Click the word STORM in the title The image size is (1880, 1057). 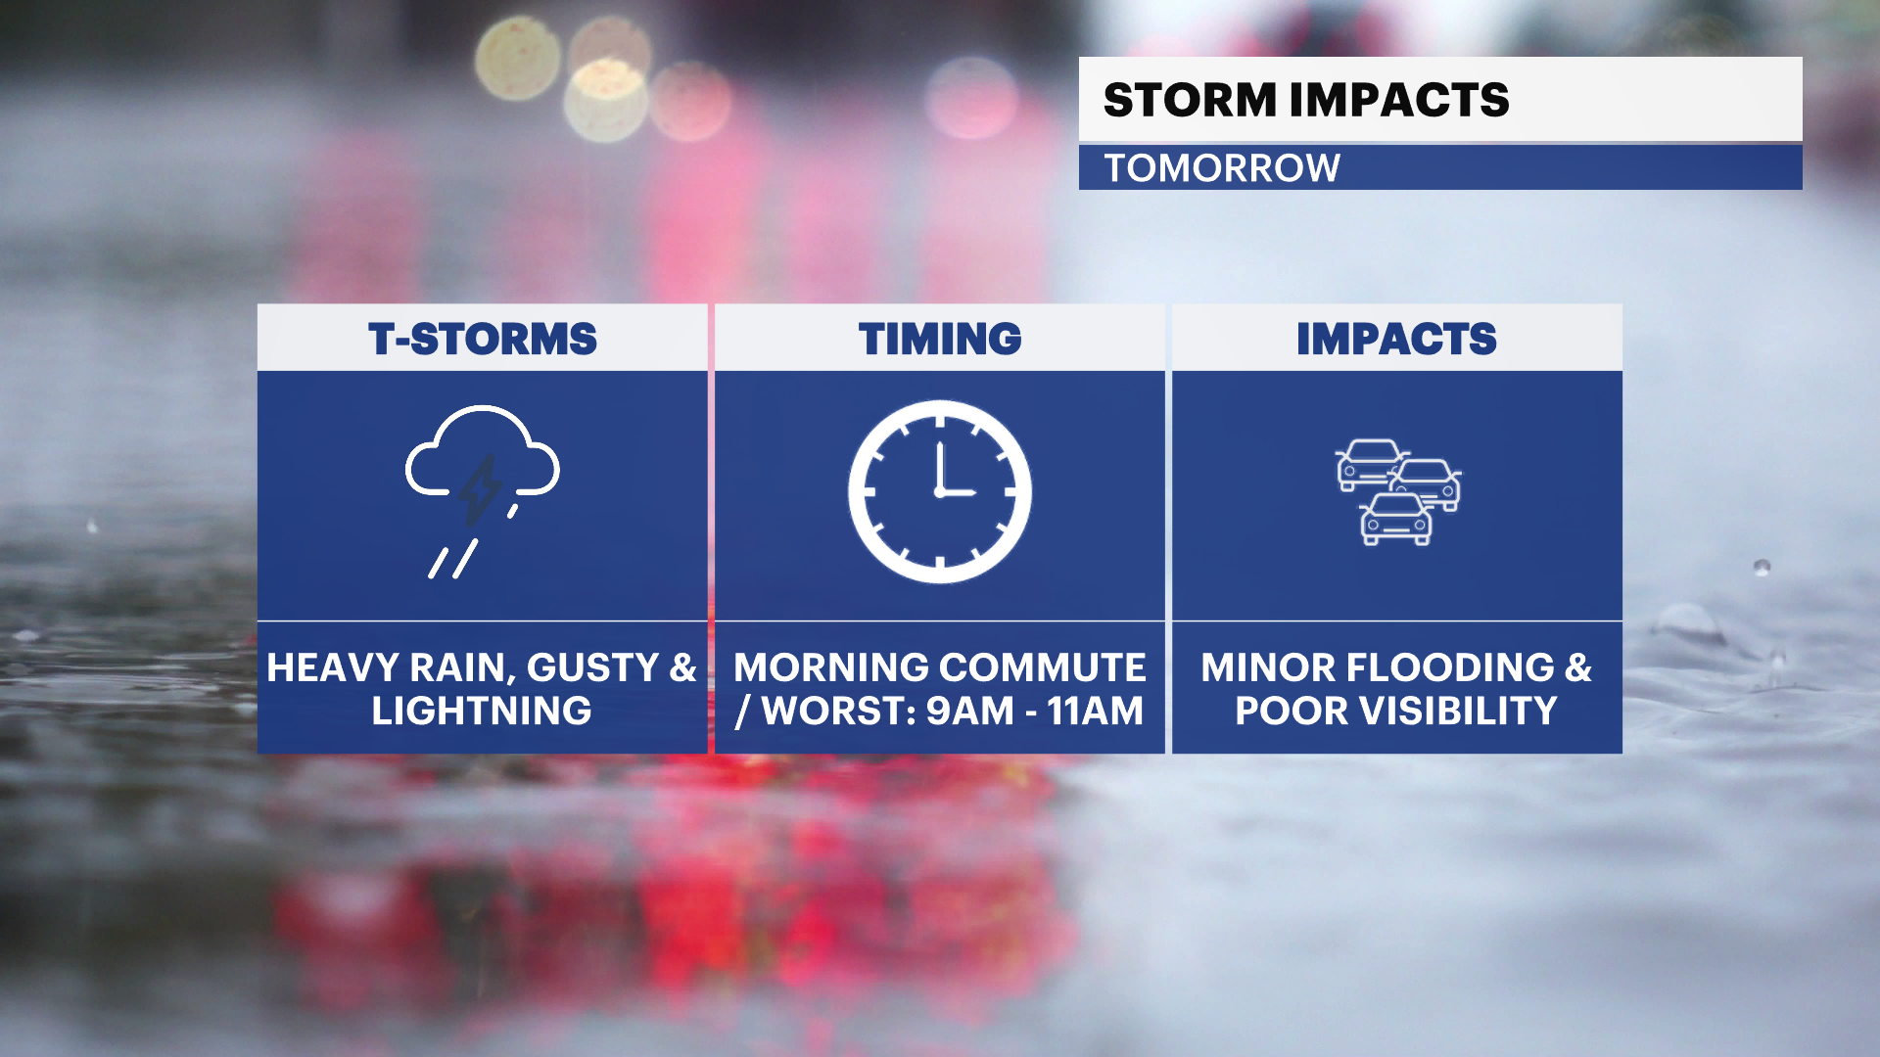(1190, 100)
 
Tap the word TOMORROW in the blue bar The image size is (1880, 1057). (1222, 168)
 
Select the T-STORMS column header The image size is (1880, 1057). (483, 340)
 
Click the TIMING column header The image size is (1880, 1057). (940, 340)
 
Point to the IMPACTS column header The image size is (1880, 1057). (1396, 340)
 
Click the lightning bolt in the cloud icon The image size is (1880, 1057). (480, 489)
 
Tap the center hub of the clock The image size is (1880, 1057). (940, 492)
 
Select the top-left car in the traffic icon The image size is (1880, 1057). (1369, 465)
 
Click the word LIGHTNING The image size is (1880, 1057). (482, 711)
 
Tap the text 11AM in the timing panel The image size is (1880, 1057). (1095, 711)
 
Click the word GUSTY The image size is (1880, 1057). (592, 667)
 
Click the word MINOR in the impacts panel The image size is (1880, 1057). (1269, 667)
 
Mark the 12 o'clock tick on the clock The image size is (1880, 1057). (940, 421)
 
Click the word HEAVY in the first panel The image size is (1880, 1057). (333, 667)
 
